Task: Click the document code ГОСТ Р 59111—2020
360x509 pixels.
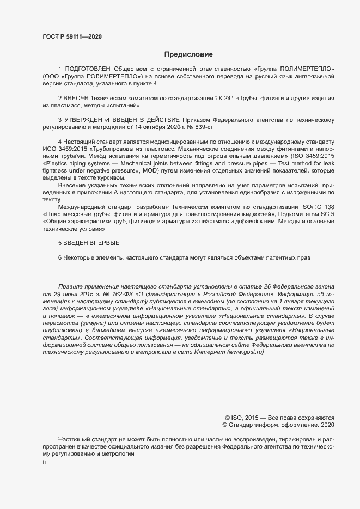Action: [72, 37]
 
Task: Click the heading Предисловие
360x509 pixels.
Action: [188, 54]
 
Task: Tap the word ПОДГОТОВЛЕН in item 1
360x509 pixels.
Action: [88, 69]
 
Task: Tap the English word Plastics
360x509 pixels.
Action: [56, 163]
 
